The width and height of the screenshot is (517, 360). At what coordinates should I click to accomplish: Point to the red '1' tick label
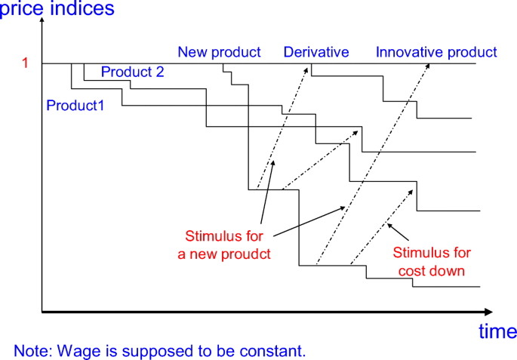pyautogui.click(x=25, y=63)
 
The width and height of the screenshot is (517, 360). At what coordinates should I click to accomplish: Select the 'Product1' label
pyautogui.click(x=75, y=105)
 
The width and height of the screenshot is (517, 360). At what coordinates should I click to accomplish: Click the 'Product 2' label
pyautogui.click(x=132, y=72)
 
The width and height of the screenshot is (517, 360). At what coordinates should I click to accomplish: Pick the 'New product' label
pyautogui.click(x=219, y=52)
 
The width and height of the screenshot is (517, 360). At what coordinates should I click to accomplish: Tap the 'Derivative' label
pyautogui.click(x=316, y=52)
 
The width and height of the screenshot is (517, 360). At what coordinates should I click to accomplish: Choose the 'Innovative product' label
pyautogui.click(x=436, y=52)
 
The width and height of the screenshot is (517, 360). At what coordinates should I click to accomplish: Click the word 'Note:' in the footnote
pyautogui.click(x=30, y=351)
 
